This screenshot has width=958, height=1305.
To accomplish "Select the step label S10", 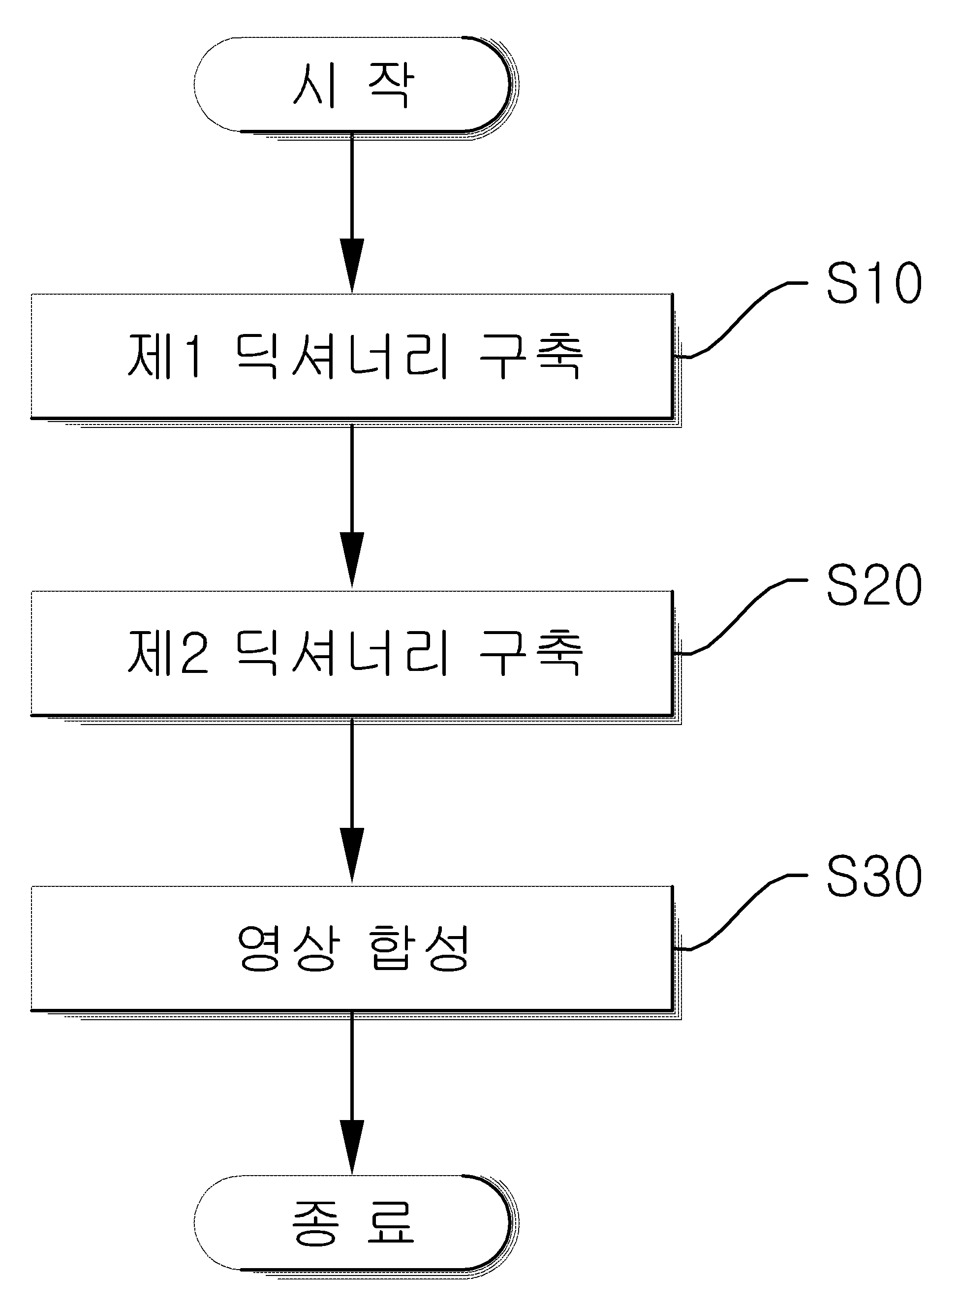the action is pos(874,283).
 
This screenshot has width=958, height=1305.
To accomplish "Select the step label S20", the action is pos(874,585).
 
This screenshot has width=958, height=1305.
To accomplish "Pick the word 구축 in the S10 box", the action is pos(530,356).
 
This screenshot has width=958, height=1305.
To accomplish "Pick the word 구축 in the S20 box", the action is pos(530,653).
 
